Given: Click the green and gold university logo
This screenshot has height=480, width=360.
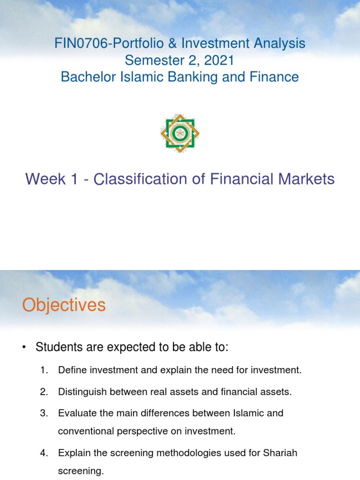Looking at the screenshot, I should [180, 133].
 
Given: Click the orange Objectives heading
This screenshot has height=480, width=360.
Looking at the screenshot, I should [64, 306].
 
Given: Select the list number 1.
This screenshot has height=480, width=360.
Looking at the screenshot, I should [44, 370].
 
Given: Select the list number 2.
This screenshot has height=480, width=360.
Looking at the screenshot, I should [44, 392].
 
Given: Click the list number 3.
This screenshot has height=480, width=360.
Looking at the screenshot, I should [44, 413].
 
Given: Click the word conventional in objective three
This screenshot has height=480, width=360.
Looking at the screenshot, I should [83, 431].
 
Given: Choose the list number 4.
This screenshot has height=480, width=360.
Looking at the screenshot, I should [44, 453].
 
